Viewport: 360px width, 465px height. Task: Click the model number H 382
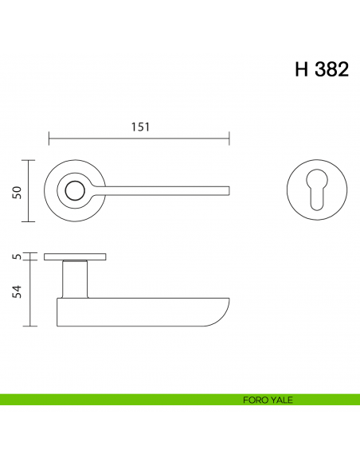click(x=322, y=69)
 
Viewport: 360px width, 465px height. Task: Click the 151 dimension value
click(x=140, y=127)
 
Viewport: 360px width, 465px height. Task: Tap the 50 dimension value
click(x=18, y=193)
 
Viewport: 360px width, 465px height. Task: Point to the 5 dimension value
click(x=18, y=256)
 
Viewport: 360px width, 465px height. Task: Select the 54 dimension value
click(x=18, y=291)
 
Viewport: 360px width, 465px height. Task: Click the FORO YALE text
click(x=268, y=400)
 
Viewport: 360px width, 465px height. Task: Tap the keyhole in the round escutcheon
click(x=317, y=190)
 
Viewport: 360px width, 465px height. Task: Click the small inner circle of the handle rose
click(x=76, y=190)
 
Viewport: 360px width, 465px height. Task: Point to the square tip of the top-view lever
click(x=229, y=190)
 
